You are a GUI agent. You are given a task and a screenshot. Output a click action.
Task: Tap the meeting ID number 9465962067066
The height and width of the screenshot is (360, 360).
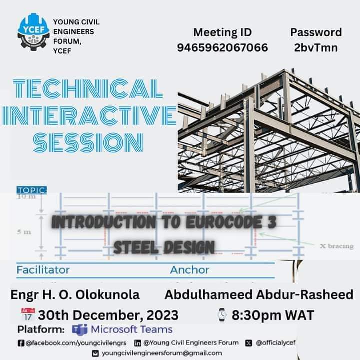coord(222,48)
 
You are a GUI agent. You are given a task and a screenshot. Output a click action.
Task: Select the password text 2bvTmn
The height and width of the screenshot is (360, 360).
coord(316,48)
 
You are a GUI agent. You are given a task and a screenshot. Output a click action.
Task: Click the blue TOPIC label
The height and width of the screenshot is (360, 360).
coord(32,190)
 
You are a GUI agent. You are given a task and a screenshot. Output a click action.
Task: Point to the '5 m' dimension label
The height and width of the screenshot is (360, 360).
coord(24,232)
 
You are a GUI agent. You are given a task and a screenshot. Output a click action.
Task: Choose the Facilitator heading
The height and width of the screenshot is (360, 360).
coord(43,270)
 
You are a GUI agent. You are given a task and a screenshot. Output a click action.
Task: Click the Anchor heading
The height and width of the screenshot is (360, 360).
coord(189,270)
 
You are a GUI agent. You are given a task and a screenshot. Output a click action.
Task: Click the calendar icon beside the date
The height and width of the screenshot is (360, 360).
coord(27,314)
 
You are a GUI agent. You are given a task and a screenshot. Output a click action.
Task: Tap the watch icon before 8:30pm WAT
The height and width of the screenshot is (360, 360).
coord(222,315)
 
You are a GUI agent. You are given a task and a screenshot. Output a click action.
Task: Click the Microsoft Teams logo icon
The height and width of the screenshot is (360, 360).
coord(79,330)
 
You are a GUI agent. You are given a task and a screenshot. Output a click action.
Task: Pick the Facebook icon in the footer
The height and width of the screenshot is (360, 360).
coord(21,343)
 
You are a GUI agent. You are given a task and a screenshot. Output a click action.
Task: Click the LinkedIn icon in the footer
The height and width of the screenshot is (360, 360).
coord(137,343)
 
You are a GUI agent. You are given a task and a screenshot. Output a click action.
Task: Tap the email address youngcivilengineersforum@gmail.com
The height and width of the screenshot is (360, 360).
coord(162,353)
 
